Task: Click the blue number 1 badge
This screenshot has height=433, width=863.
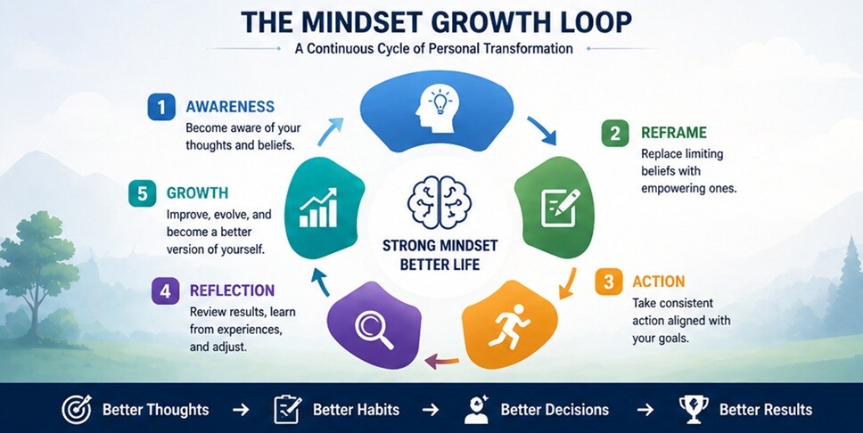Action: tap(160, 107)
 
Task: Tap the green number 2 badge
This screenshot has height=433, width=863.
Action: tap(614, 135)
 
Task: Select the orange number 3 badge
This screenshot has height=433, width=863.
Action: tap(608, 282)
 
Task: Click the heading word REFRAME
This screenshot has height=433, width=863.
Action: tap(673, 134)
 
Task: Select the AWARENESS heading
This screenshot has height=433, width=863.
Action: tap(229, 107)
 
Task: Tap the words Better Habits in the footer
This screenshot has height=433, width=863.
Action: tap(357, 410)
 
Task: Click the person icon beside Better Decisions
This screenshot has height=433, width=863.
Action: tap(478, 409)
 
